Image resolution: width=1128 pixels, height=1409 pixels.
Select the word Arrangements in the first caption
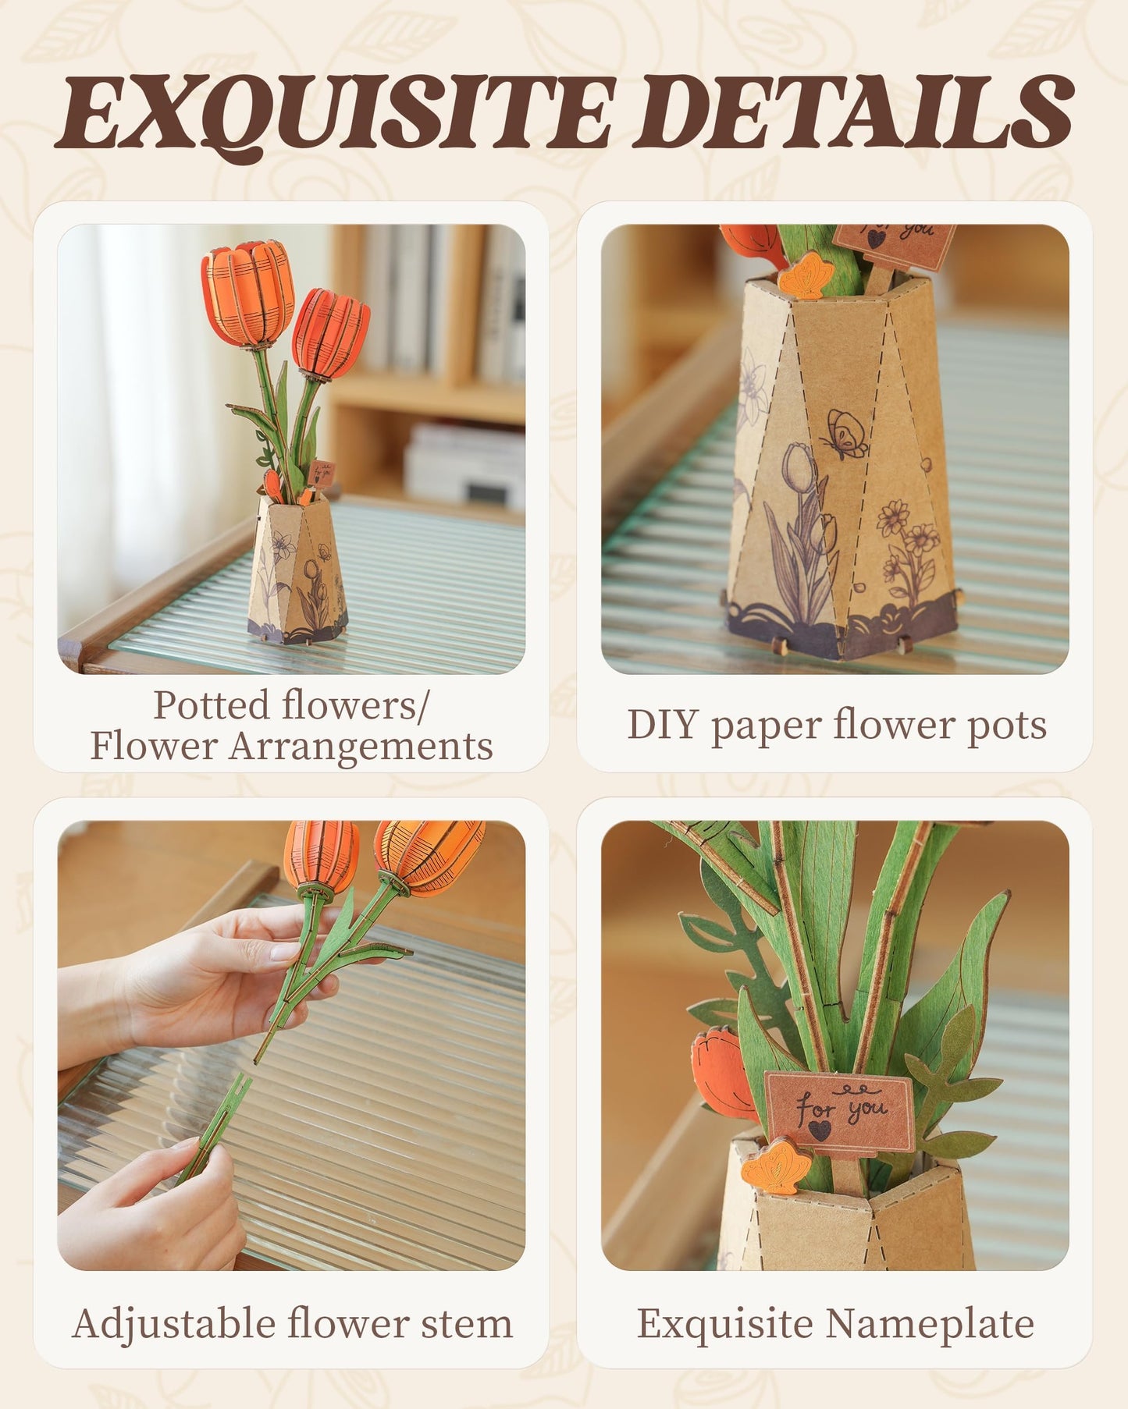pyautogui.click(x=360, y=747)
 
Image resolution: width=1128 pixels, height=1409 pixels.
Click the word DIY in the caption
pyautogui.click(x=661, y=725)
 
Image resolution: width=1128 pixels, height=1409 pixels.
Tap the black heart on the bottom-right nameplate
pyautogui.click(x=819, y=1130)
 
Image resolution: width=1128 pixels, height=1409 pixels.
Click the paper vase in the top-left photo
pyautogui.click(x=296, y=573)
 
